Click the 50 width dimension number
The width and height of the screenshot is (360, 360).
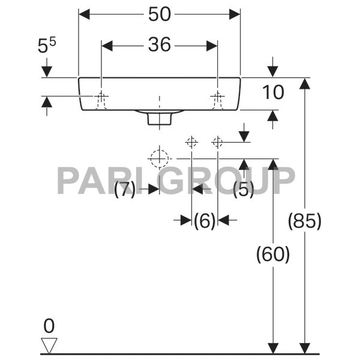click(x=160, y=14)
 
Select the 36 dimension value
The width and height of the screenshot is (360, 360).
click(x=160, y=44)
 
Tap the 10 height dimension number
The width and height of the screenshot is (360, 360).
click(x=273, y=92)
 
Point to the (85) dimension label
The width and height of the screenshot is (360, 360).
click(x=305, y=221)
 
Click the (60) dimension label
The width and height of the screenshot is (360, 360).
click(x=273, y=254)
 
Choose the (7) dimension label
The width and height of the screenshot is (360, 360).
click(x=125, y=189)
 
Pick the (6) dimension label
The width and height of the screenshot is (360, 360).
click(x=205, y=221)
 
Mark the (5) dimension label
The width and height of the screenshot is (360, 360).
click(x=244, y=189)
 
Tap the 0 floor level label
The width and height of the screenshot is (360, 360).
click(x=49, y=326)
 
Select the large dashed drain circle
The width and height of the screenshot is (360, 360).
click(x=160, y=158)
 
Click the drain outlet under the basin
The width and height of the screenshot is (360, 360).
click(x=160, y=118)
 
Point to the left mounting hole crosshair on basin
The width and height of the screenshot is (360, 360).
click(x=101, y=96)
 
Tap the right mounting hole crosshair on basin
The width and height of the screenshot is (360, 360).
click(x=217, y=96)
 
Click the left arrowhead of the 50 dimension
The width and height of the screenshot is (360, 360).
click(x=84, y=14)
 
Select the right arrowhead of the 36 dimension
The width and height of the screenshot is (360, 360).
click(x=212, y=46)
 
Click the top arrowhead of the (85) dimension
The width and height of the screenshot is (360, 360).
click(x=305, y=83)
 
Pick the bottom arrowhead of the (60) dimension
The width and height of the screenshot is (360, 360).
click(x=273, y=348)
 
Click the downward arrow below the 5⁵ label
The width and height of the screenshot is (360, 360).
click(x=47, y=67)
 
